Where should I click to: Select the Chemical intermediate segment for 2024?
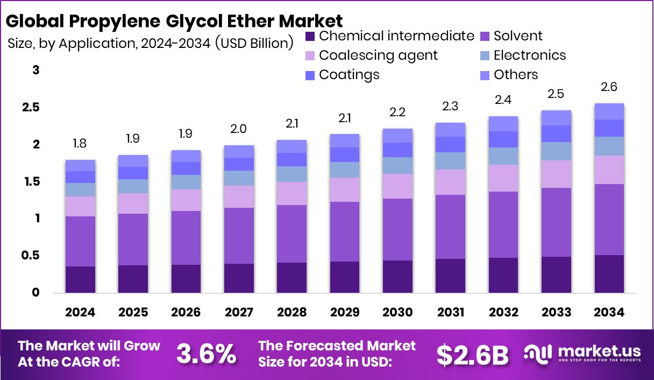(80, 279)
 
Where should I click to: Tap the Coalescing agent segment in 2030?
(397, 186)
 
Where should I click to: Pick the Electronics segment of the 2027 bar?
(239, 178)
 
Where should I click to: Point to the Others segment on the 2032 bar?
(503, 124)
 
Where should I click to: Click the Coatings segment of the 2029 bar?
(345, 155)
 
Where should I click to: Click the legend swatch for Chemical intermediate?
(310, 37)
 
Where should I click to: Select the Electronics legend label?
(529, 55)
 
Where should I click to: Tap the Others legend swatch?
(484, 75)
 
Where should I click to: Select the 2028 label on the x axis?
(292, 313)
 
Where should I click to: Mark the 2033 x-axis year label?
(556, 313)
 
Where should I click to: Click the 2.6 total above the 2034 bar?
(609, 87)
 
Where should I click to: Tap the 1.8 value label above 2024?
(80, 144)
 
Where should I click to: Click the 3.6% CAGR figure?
(206, 354)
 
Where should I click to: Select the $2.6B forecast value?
(472, 354)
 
